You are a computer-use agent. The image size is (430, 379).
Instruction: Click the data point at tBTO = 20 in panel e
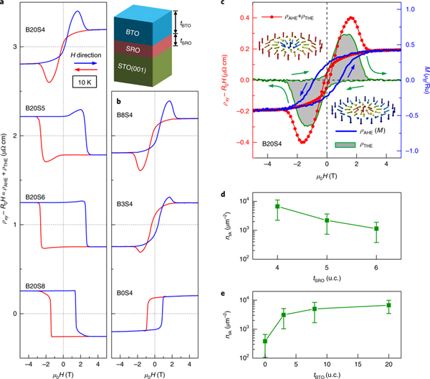(x=388, y=305)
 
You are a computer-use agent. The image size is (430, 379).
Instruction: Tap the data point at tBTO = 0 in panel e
(x=266, y=341)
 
